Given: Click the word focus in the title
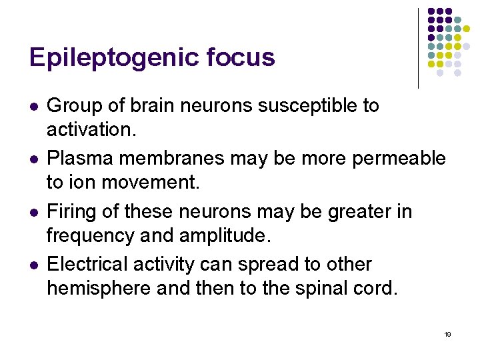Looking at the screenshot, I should pos(241,57).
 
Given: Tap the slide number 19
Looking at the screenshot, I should pos(447,334).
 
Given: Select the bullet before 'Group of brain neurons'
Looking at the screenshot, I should pos(33,107).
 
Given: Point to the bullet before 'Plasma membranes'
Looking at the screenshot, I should pos(33,160).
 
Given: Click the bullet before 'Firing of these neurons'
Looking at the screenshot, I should pos(33,213).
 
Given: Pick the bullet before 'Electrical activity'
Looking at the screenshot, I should pos(33,266).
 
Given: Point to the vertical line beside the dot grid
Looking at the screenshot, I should pos(418,48).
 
